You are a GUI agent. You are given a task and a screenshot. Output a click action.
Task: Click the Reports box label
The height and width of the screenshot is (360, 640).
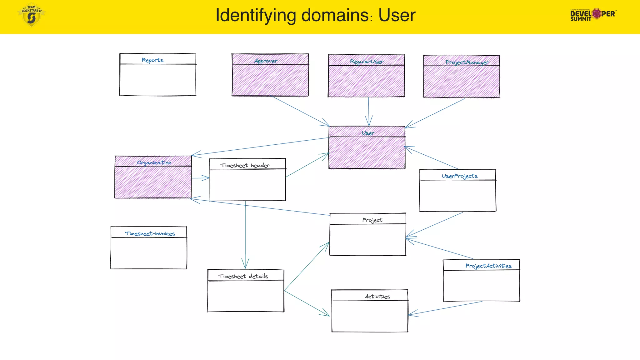point(152,60)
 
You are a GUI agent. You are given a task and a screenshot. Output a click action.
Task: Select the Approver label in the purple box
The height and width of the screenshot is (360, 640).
point(266,61)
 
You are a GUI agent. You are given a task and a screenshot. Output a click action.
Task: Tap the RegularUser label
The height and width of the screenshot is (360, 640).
point(367,62)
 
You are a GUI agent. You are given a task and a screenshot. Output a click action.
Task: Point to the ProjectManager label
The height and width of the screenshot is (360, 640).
point(467,62)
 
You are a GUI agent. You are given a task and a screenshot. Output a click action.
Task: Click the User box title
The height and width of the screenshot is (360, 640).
point(368,133)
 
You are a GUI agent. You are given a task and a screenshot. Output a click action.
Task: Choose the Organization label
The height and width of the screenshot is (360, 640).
point(154,162)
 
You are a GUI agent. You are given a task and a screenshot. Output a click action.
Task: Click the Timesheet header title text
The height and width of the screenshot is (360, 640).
point(245,165)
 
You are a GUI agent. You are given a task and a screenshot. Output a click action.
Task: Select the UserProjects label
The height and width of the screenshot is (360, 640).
point(459,176)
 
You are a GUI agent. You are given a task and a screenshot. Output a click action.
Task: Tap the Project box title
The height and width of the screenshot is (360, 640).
point(372,220)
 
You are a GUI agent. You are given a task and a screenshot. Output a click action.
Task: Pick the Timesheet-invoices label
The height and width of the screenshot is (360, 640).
point(150,233)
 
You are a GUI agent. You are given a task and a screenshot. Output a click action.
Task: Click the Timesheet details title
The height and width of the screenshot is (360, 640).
point(243,276)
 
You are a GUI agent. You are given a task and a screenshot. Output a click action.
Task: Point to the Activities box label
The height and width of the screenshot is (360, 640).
point(377,296)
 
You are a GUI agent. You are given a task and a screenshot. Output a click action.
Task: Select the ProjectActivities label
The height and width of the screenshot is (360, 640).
point(488,266)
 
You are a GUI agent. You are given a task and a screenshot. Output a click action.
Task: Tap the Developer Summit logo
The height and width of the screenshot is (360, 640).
point(593,14)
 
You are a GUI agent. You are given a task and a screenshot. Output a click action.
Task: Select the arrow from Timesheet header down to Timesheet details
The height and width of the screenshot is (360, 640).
point(245,234)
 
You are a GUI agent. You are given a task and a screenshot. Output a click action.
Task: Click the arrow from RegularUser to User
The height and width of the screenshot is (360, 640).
point(369,111)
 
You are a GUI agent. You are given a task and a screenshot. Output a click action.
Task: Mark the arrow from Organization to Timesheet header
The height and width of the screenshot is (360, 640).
point(200,178)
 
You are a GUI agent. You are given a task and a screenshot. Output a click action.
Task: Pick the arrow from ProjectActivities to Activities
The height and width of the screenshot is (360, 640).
point(445,308)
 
